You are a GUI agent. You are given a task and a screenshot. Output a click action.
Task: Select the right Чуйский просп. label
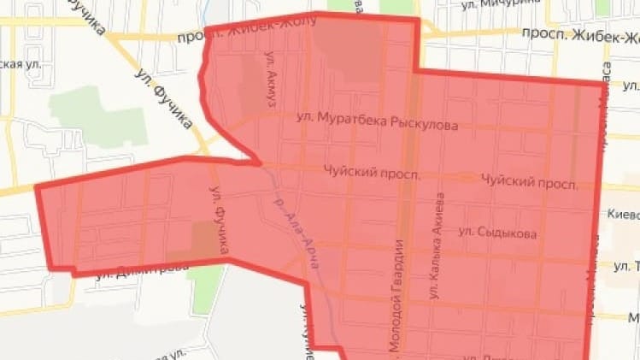(529, 181)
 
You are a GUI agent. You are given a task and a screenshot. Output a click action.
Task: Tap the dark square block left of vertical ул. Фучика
(204, 239)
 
